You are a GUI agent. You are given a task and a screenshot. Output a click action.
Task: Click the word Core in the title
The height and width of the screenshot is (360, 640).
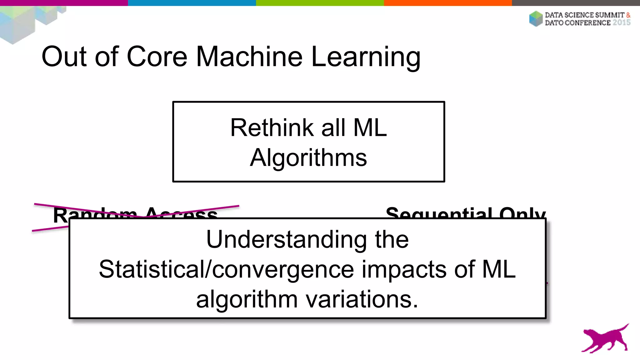tap(157, 57)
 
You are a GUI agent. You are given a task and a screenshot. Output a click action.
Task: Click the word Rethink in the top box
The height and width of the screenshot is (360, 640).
tap(272, 128)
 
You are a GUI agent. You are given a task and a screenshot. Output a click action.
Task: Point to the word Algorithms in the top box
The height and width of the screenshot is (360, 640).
tap(308, 158)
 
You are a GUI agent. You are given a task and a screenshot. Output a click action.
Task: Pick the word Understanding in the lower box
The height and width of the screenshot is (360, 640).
tap(286, 239)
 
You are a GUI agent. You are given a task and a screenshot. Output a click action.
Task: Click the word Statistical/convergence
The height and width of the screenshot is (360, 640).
tap(226, 269)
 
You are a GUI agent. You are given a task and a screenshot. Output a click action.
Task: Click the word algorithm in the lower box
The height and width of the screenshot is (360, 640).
tap(247, 299)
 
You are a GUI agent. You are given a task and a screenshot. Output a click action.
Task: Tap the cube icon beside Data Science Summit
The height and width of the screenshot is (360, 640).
tap(536, 19)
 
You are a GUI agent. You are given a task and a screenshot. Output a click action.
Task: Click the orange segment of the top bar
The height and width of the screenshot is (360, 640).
tap(448, 3)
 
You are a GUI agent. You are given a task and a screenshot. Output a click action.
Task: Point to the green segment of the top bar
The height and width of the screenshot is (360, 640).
tap(320, 3)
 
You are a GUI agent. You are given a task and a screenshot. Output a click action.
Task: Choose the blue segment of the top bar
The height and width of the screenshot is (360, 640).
tap(192, 3)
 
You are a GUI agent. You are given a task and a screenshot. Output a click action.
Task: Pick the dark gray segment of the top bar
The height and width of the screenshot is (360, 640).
tap(576, 3)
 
